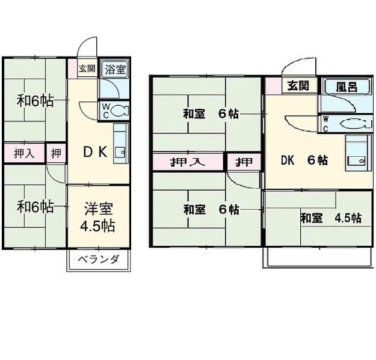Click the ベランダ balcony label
[x=99, y=259]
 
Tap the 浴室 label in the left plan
[x=115, y=70]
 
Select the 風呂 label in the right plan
[x=347, y=87]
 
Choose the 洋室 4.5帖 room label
[x=98, y=217]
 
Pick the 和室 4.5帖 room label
[x=331, y=218]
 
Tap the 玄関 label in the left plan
[x=87, y=69]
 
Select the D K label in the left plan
[x=95, y=152]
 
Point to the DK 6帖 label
[x=304, y=160]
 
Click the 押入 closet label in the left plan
[x=24, y=153]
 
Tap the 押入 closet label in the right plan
[x=188, y=162]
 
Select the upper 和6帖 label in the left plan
[x=35, y=100]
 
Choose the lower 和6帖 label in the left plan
[x=35, y=207]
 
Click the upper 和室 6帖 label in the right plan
[x=211, y=114]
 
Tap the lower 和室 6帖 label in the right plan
[x=211, y=210]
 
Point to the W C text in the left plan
[x=105, y=111]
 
